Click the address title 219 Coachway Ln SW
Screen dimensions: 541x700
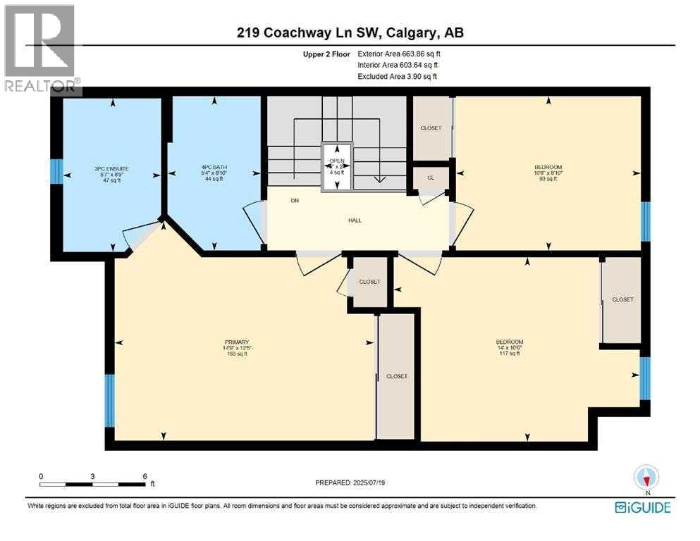[x=350, y=32]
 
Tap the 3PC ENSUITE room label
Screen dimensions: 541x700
[x=113, y=170]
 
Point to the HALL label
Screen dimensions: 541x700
[x=355, y=220]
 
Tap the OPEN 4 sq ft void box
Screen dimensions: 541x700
[x=338, y=167]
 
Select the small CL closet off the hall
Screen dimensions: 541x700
[x=430, y=178]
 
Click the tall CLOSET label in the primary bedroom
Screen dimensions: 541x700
[x=397, y=376]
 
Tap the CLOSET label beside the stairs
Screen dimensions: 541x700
[x=430, y=128]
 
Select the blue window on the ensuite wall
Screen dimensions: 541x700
[x=57, y=171]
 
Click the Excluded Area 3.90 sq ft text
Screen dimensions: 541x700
[x=398, y=76]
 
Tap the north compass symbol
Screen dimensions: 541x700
[x=646, y=477]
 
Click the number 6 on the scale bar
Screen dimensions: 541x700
[x=145, y=475]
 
